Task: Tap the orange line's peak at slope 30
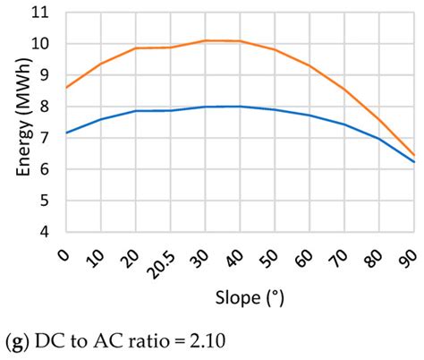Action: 204,40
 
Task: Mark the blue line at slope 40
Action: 239,106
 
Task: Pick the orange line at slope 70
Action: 343,89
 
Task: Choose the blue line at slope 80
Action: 379,138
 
